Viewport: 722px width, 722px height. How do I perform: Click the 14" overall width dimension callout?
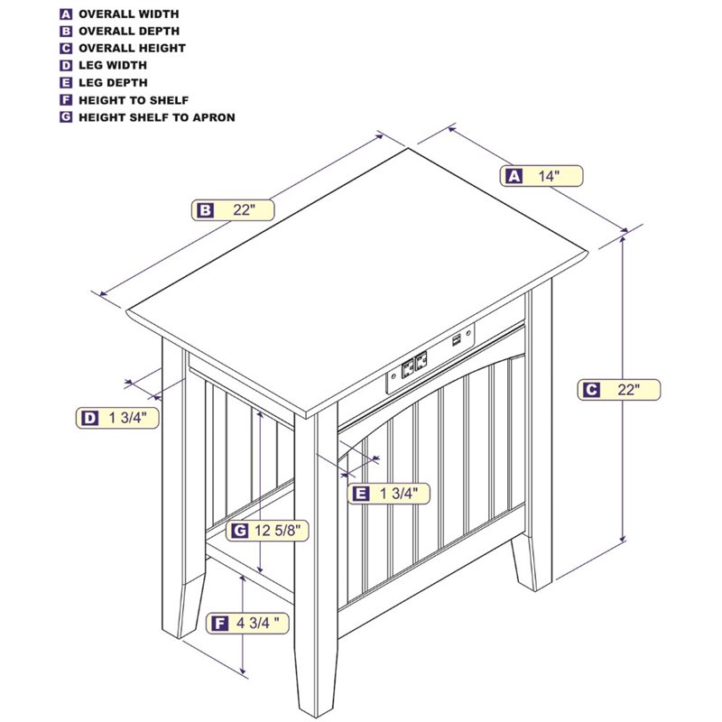point(541,176)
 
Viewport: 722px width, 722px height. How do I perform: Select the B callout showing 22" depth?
point(233,210)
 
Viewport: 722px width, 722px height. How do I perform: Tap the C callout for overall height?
point(619,390)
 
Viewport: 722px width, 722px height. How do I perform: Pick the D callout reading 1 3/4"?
point(117,418)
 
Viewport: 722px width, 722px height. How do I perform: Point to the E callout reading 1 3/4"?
point(389,494)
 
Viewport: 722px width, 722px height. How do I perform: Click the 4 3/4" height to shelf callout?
point(247,623)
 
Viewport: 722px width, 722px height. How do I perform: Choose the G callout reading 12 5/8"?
point(267,531)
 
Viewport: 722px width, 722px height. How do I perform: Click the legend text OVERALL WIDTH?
point(129,14)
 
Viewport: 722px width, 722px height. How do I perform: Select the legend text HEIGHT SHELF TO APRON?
point(157,117)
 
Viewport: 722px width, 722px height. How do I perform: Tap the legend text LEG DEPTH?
point(114,83)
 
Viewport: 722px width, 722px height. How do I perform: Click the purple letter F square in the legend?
point(66,100)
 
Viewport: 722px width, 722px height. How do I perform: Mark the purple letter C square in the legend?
point(66,49)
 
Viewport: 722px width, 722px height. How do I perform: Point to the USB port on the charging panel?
point(457,340)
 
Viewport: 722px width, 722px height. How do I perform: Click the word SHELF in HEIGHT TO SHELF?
point(170,100)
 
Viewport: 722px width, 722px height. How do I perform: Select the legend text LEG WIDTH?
point(113,65)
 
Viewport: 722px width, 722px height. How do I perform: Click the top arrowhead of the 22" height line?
point(623,238)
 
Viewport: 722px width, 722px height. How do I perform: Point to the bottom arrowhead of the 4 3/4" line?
point(243,671)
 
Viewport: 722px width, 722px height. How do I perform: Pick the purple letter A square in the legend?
point(66,14)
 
